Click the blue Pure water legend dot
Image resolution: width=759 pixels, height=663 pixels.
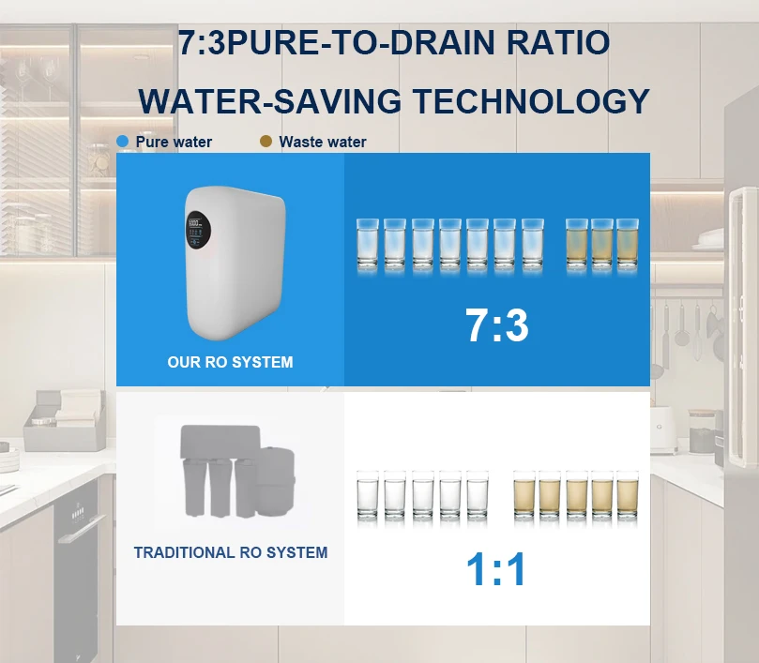click(x=122, y=142)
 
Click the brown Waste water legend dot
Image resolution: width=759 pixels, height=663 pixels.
click(x=266, y=142)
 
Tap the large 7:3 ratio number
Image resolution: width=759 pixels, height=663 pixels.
click(x=497, y=325)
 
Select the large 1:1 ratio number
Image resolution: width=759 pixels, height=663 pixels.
click(x=497, y=570)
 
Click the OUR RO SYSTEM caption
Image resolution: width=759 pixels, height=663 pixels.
click(x=230, y=362)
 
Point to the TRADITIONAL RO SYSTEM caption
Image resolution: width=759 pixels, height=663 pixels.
click(x=230, y=552)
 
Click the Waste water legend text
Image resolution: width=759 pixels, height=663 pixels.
click(x=323, y=142)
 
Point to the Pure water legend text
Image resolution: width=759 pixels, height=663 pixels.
click(x=174, y=142)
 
